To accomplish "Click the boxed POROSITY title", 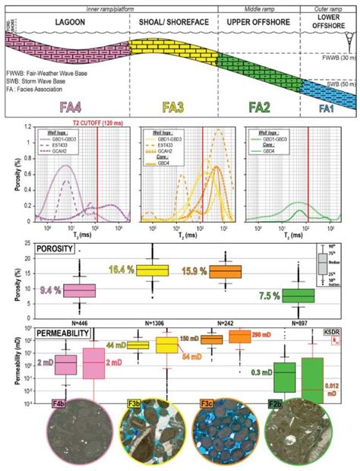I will point(58,246).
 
